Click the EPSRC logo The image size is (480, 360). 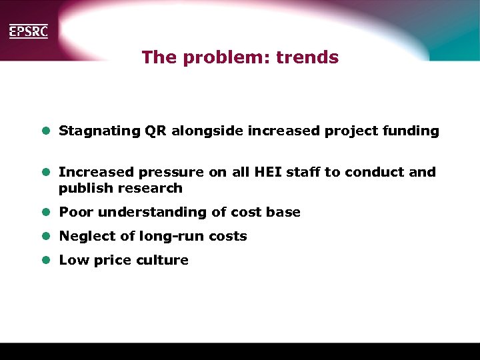coord(28,31)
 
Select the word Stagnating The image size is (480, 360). coord(99,131)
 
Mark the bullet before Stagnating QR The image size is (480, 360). coord(47,131)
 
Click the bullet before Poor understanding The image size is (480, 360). coord(47,213)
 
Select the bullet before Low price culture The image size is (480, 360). coord(47,260)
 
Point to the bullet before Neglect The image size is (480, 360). coord(47,237)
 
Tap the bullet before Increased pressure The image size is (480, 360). coord(47,172)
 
